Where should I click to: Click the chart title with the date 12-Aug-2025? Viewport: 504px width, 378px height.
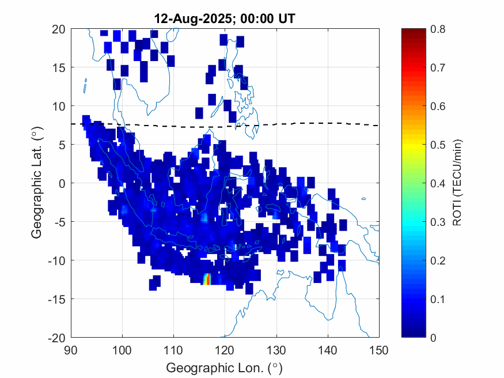click(225, 18)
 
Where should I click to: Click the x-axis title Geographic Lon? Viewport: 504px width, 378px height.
click(225, 367)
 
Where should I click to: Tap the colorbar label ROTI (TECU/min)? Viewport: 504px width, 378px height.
click(458, 183)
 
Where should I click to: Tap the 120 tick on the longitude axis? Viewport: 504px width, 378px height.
click(225, 349)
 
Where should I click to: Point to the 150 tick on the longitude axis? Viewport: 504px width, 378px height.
click(379, 349)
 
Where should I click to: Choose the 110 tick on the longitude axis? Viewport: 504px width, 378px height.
click(174, 349)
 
